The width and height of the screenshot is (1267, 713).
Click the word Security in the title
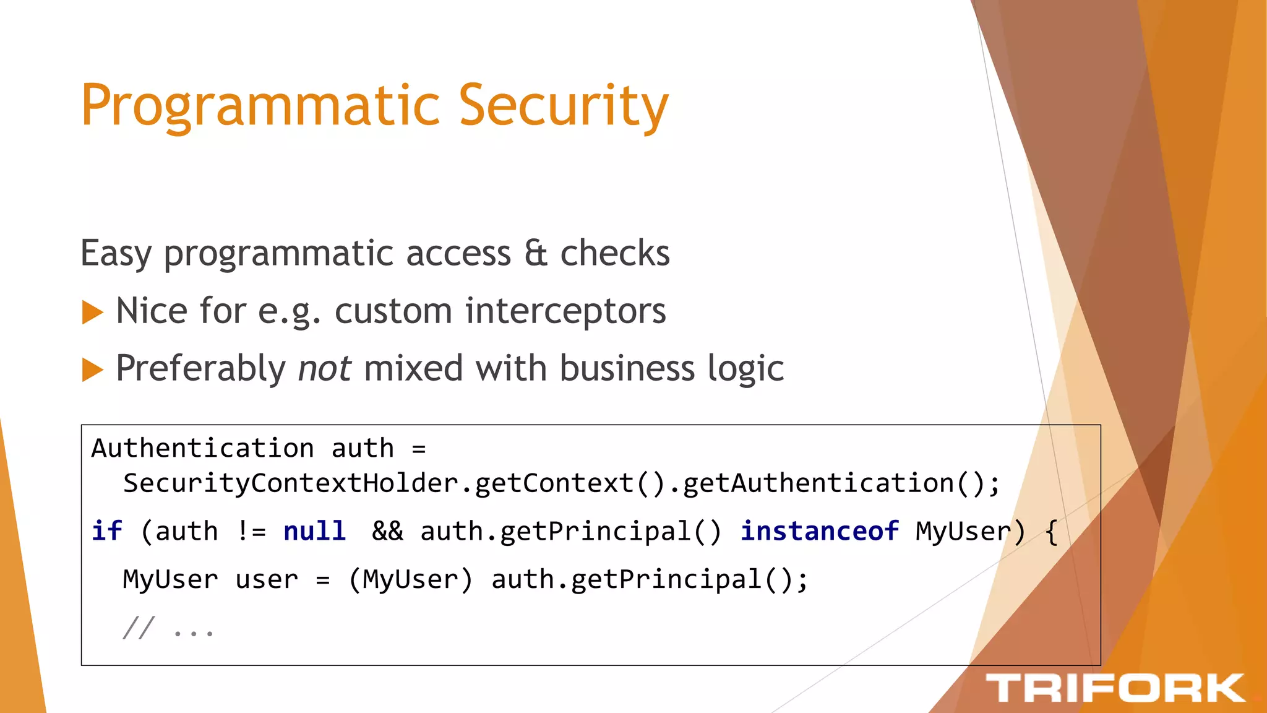point(563,106)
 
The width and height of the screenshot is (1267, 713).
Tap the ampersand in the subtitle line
point(536,253)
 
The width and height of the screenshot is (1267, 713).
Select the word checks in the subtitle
point(614,253)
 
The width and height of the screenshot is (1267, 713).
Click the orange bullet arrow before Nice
point(92,312)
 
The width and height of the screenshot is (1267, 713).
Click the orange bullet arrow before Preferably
point(92,369)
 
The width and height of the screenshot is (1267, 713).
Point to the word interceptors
point(565,311)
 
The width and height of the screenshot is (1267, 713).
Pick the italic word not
point(324,368)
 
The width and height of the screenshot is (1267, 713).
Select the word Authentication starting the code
point(202,448)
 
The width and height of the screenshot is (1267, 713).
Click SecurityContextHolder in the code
point(291,483)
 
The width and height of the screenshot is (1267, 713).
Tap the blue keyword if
point(106,531)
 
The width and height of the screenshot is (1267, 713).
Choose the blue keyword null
point(314,531)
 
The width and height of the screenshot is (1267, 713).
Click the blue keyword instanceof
point(819,531)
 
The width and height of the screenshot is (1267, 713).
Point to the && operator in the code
point(387,531)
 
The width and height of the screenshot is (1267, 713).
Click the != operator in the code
point(251,531)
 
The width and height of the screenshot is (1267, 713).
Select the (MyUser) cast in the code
point(410,580)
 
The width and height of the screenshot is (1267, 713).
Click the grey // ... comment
point(168,628)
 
